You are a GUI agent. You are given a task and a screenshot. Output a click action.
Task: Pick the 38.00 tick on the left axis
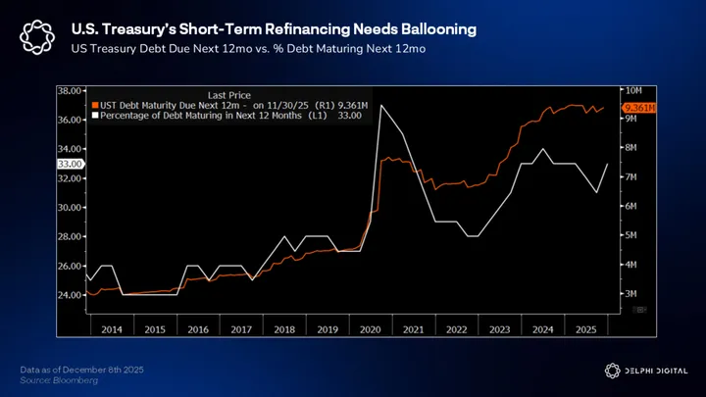[x=69, y=90]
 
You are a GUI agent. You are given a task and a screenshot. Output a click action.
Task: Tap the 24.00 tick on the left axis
[x=69, y=295]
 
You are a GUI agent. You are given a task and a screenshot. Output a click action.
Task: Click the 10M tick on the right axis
[x=632, y=90]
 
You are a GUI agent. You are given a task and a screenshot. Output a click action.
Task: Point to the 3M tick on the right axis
[x=631, y=294]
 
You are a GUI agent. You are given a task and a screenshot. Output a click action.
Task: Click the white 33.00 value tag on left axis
[x=70, y=164]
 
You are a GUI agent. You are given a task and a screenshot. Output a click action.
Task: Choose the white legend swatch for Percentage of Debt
[x=93, y=116]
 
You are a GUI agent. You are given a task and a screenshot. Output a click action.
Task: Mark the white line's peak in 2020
[x=379, y=105]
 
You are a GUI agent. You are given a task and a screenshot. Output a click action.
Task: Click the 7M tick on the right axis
[x=631, y=176]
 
